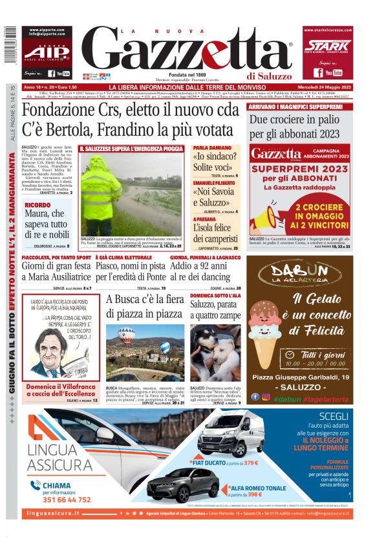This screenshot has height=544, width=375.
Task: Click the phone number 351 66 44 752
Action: tap(58, 499)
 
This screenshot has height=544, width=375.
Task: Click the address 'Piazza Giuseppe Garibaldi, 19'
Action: tap(301, 377)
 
